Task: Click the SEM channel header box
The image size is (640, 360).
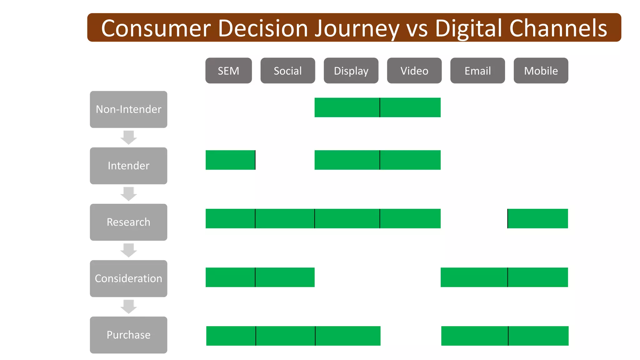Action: click(228, 71)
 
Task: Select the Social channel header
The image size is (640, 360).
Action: click(287, 71)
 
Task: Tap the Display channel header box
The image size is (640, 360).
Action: click(351, 71)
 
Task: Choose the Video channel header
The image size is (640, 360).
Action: click(414, 71)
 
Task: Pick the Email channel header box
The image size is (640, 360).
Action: click(477, 71)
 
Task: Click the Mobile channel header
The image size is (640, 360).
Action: click(541, 71)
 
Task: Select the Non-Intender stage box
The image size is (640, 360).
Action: click(128, 109)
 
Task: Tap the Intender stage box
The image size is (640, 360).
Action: click(128, 166)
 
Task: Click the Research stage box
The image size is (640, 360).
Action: click(128, 222)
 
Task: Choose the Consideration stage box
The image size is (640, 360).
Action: click(128, 278)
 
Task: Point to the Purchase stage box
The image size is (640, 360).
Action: click(128, 335)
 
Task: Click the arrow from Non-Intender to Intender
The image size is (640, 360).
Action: click(128, 137)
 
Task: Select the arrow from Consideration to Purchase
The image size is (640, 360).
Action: click(128, 307)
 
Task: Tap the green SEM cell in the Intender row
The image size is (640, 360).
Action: click(230, 160)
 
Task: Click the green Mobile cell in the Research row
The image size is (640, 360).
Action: click(538, 218)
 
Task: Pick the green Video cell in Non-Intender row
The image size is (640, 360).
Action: click(410, 107)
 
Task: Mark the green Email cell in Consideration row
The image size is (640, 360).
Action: click(474, 277)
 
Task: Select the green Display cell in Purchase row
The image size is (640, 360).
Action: click(348, 336)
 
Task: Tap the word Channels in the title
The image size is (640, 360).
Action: click(558, 28)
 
